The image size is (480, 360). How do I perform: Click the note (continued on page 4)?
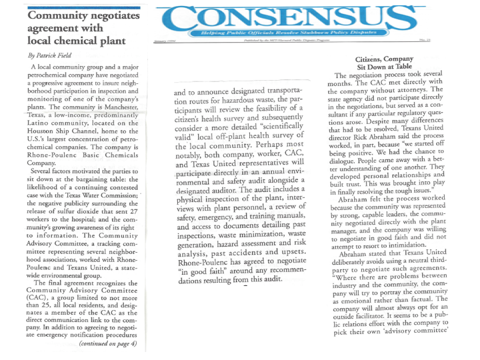click(108, 343)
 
